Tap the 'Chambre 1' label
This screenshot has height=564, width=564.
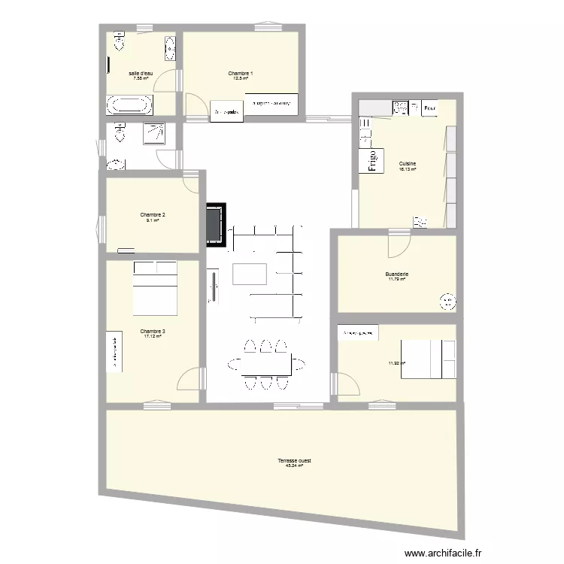241,73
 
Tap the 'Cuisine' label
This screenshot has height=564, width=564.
408,163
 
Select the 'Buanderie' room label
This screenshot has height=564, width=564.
396,274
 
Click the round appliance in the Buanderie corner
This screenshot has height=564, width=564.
447,302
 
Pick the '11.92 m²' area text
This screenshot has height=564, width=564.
396,363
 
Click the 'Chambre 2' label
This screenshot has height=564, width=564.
153,215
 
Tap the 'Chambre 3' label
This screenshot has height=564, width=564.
153,331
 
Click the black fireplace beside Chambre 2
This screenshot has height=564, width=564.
217,223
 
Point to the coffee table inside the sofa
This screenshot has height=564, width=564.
250,274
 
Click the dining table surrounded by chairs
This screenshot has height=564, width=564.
262,364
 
